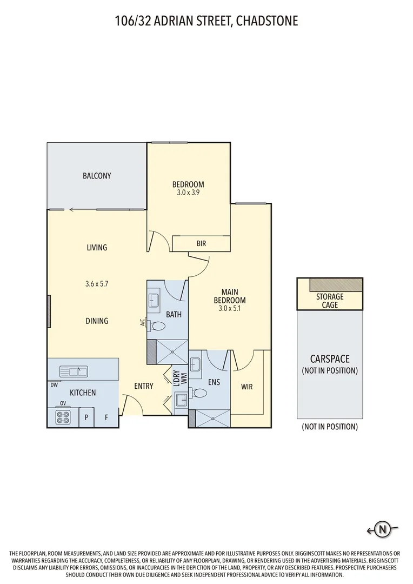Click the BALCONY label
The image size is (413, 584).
click(97, 176)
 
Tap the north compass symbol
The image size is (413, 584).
click(383, 528)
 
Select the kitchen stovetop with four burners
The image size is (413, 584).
click(63, 417)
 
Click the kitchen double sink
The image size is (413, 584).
click(74, 371)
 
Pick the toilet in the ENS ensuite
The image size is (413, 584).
click(198, 393)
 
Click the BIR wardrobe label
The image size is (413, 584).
click(201, 243)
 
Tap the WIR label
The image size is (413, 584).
click(247, 387)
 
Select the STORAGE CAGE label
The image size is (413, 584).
click(330, 301)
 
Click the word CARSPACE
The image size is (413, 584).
click(330, 359)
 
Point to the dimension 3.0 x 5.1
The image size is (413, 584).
click(230, 308)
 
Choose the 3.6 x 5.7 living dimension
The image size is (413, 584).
click(97, 284)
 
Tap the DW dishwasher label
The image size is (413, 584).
click(54, 385)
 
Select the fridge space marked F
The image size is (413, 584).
click(106, 417)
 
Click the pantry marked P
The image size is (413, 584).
click(86, 417)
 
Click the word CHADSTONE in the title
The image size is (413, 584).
click(267, 21)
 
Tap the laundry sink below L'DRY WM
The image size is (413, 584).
click(182, 400)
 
